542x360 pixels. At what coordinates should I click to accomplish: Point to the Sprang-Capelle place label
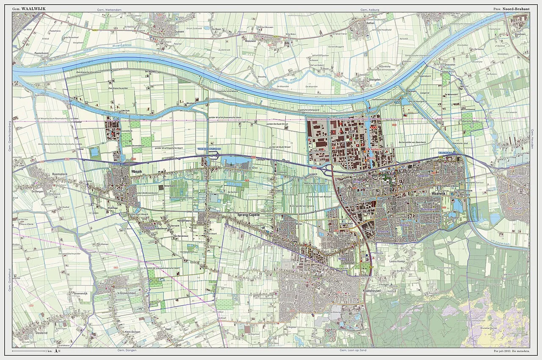(247, 215)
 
